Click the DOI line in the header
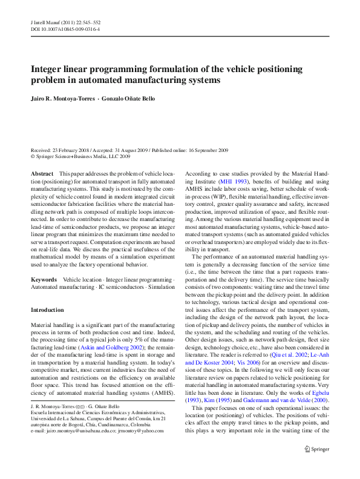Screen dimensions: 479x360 point(65,28)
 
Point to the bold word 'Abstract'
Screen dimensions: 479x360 point(42,174)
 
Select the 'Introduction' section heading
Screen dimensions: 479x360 point(47,309)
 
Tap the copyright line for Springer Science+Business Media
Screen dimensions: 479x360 point(80,156)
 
